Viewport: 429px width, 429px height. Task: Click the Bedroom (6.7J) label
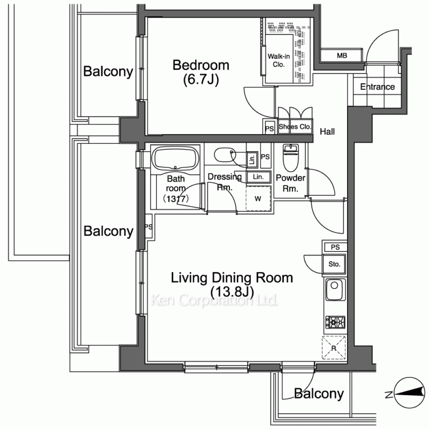point(201,72)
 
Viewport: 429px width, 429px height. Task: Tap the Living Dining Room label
point(232,278)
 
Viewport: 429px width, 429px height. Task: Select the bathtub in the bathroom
point(175,159)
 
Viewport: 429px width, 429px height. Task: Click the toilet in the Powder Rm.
point(290,158)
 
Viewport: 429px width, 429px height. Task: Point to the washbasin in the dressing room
point(225,155)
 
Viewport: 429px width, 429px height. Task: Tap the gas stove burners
point(335,322)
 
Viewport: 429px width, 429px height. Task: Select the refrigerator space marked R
point(334,347)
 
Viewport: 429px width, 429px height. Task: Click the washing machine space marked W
point(258,199)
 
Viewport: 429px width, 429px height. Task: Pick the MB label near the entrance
point(342,55)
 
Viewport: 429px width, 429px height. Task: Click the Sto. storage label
point(334,264)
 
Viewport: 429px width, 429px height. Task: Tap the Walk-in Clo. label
point(278,60)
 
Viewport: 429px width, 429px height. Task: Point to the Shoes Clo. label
point(295,127)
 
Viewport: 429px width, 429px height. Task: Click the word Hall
point(327,132)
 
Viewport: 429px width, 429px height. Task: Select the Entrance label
point(377,87)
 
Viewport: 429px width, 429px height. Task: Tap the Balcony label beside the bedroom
point(108,71)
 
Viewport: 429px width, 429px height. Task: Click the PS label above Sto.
point(335,247)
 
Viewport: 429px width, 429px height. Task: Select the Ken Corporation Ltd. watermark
point(214,300)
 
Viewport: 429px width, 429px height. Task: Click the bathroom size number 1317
point(176,199)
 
